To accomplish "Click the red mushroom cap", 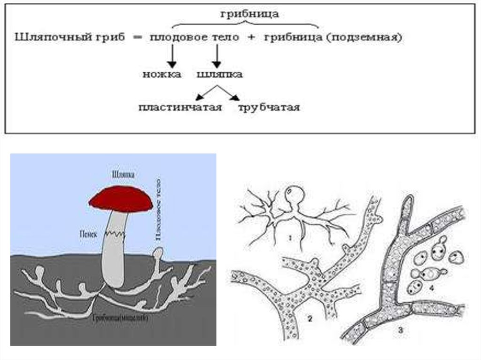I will tap(121, 199).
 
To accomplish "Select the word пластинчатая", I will tap(180, 108).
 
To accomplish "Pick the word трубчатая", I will tap(269, 108).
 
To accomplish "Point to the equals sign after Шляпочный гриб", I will tap(138, 38).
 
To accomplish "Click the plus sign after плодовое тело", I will tap(251, 38).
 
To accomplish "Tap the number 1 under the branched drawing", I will tap(290, 237).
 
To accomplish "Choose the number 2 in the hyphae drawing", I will tap(310, 319).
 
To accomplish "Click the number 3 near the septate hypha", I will tap(400, 330).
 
